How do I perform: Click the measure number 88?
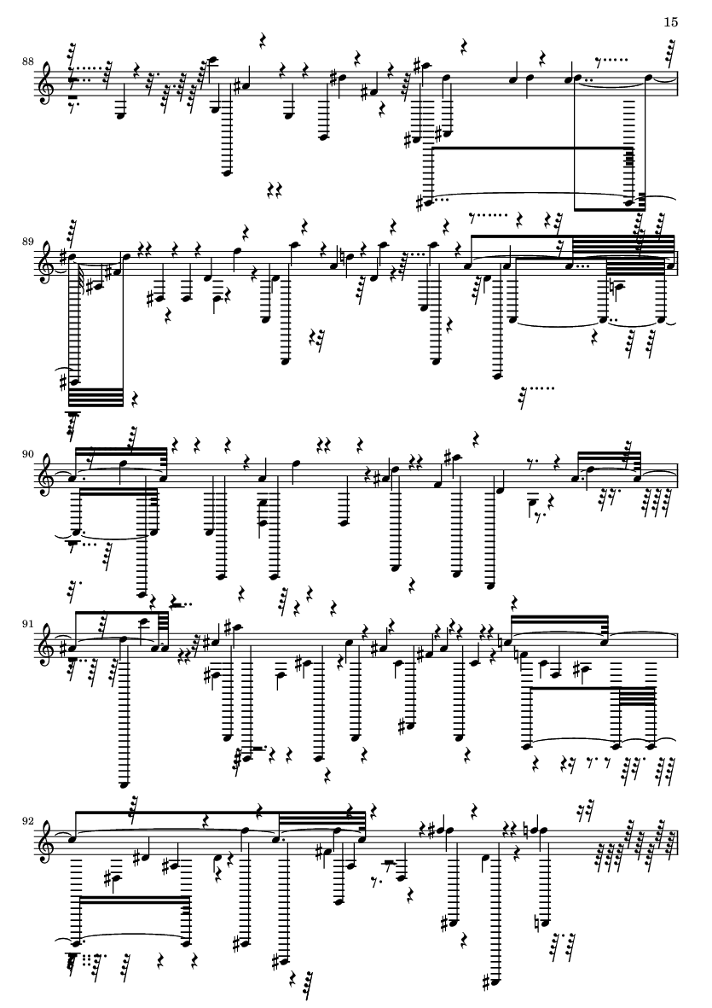click(x=28, y=61)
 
